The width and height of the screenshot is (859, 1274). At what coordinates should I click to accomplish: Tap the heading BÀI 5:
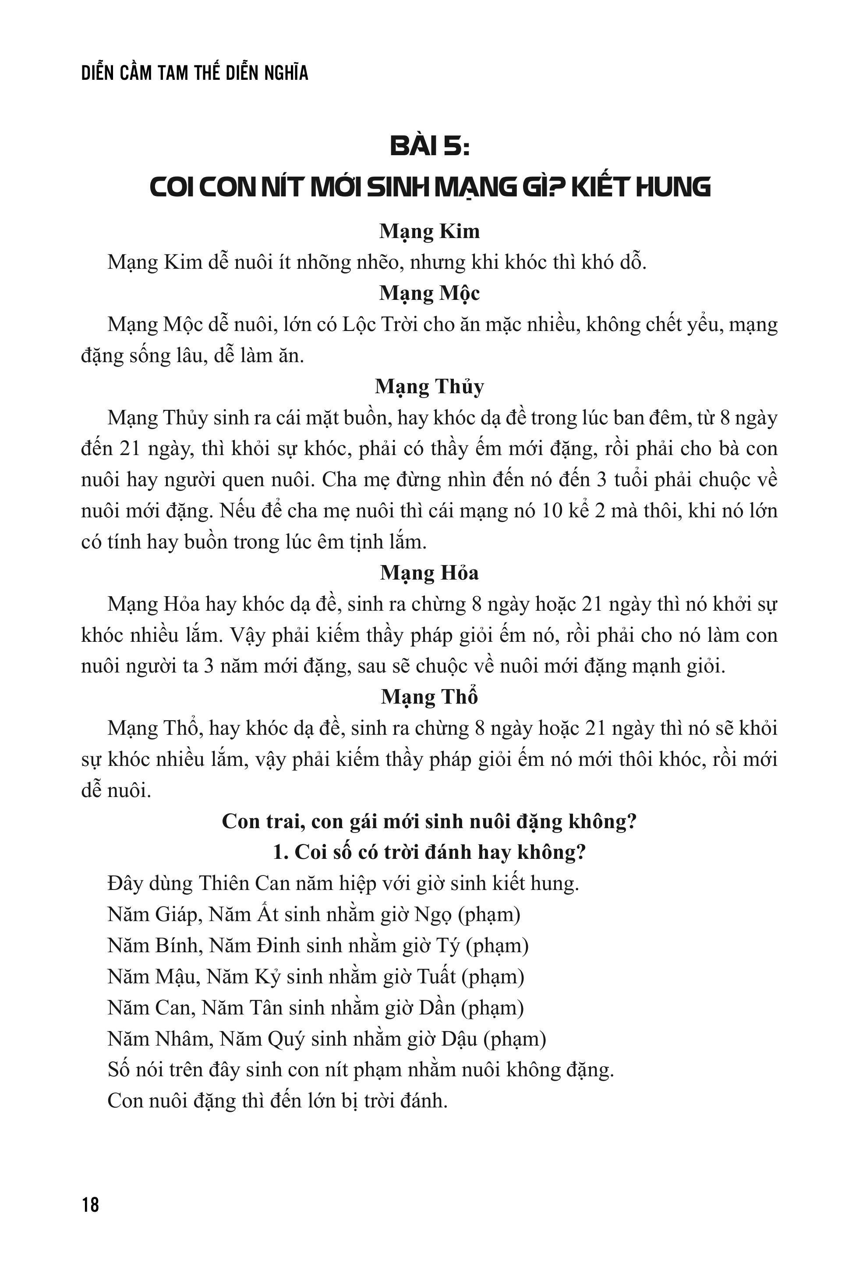coord(429,147)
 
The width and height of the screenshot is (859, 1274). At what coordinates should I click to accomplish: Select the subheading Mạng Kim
coord(429,231)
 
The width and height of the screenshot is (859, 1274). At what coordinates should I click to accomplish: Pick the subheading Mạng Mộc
coord(429,293)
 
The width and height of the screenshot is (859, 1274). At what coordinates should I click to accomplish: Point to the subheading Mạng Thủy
coord(429,387)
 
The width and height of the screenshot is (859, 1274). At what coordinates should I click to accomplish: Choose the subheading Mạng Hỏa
coord(429,573)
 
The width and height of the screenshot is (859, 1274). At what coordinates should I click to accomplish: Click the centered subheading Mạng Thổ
coord(429,697)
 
